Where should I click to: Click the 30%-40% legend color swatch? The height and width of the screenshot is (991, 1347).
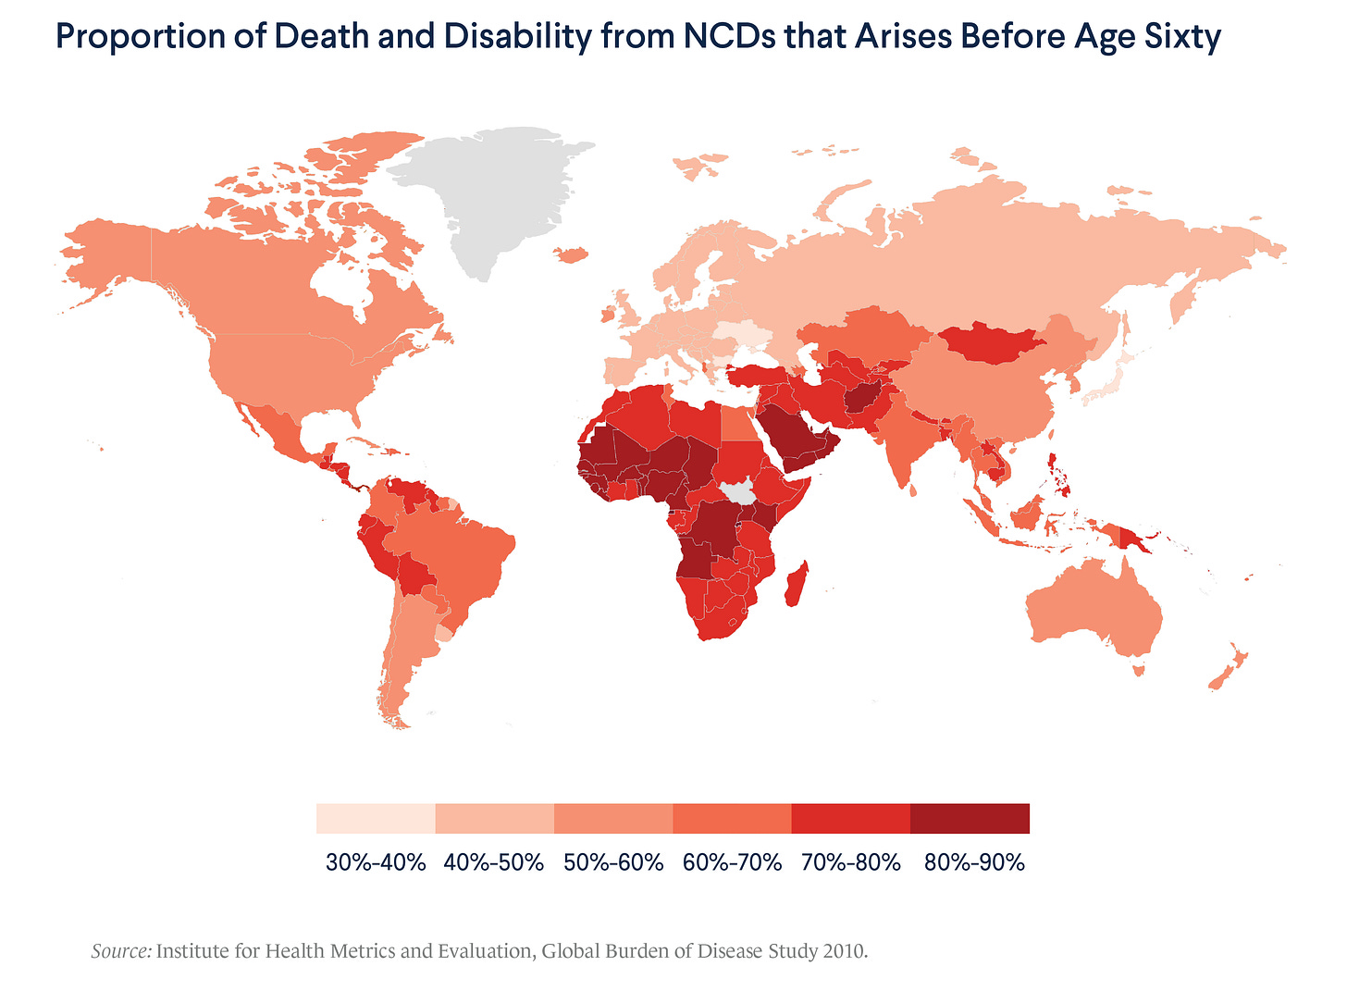376,819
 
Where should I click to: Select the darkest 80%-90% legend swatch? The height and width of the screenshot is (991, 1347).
970,819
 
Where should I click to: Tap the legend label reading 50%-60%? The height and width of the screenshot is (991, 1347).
613,862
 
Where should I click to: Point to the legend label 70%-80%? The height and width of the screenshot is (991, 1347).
851,862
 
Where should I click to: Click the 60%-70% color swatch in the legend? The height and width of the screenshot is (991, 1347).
732,819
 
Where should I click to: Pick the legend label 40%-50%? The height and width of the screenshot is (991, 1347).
494,862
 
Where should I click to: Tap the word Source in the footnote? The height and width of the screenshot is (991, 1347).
121,951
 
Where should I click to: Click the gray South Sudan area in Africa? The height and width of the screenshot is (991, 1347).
739,491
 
